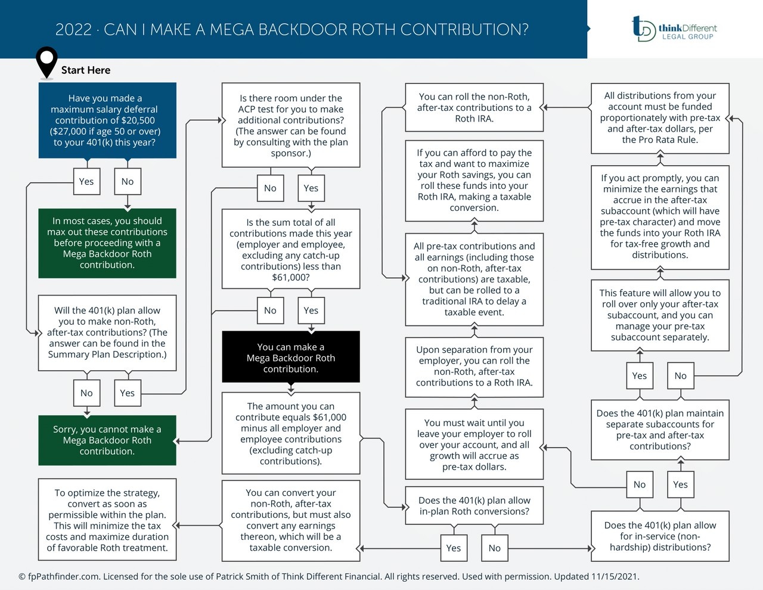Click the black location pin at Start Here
click(46, 61)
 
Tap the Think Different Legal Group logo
click(674, 29)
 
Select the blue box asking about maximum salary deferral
click(107, 120)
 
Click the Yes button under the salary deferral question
click(86, 182)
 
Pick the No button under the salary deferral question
click(128, 182)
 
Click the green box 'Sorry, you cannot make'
click(107, 440)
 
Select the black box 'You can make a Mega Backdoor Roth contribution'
click(291, 358)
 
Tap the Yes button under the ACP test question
click(311, 188)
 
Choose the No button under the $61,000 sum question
click(270, 310)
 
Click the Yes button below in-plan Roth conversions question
click(454, 548)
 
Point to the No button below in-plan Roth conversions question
click(495, 548)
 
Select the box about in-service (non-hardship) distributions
click(660, 536)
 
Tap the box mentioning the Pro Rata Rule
click(660, 118)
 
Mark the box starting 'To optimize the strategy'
click(107, 520)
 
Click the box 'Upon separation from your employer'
click(474, 367)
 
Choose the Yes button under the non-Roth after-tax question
click(128, 393)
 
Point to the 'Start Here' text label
click(86, 70)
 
